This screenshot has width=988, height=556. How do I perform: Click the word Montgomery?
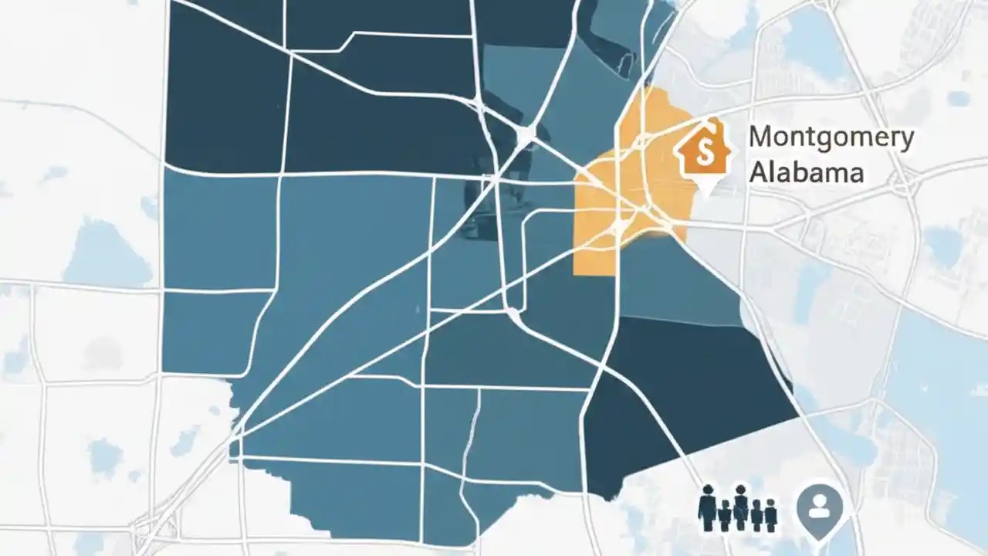click(831, 138)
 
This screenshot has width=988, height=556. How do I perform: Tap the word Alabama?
click(806, 171)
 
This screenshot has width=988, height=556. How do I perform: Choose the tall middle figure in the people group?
click(740, 507)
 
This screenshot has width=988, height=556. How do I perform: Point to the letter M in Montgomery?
click(761, 137)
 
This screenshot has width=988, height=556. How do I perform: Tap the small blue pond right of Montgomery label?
click(958, 98)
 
